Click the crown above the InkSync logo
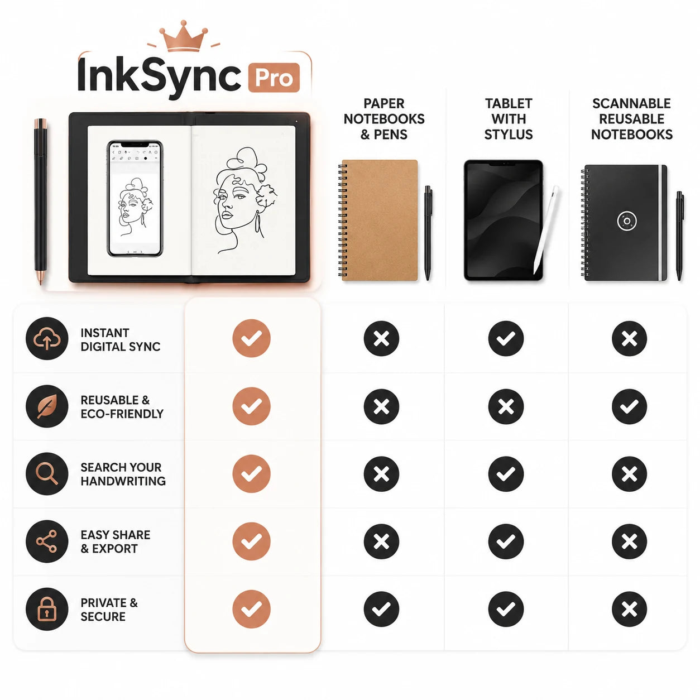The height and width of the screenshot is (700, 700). [x=183, y=36]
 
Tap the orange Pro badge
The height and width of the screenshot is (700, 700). [x=274, y=78]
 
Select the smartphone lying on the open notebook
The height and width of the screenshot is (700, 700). [x=135, y=198]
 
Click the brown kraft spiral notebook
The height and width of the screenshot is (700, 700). [x=379, y=220]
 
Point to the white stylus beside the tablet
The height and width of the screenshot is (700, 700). [x=545, y=229]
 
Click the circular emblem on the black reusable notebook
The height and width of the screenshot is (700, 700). [x=627, y=220]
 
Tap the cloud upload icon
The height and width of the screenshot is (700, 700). [x=47, y=339]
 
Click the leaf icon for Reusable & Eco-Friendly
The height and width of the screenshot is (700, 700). [x=47, y=406]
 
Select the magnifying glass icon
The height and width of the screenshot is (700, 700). [x=47, y=474]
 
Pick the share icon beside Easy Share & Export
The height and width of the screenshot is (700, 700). [x=47, y=541]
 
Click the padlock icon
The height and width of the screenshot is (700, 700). [x=47, y=609]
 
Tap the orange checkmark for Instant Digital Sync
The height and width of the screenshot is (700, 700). [x=251, y=339]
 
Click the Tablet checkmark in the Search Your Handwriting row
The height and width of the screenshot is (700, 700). [x=506, y=474]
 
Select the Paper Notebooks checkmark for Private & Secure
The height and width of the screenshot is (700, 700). [x=381, y=609]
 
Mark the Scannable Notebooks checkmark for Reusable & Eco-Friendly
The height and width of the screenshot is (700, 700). [x=630, y=406]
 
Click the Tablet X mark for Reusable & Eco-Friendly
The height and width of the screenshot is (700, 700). [x=506, y=406]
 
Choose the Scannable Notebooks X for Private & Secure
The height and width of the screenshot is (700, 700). [x=630, y=609]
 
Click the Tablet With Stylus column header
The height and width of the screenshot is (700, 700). [x=509, y=119]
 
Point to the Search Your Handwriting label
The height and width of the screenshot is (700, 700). [x=123, y=474]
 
